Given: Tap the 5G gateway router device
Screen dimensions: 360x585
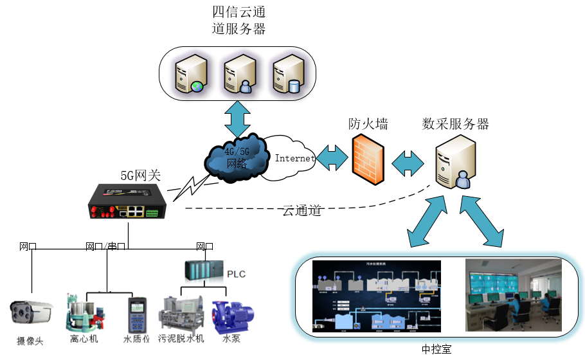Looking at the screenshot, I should [130, 203].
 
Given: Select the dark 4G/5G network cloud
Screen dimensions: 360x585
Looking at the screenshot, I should [236, 157].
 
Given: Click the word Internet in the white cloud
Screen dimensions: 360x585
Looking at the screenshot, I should [294, 158].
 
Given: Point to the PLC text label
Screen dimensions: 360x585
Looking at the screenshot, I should [236, 274].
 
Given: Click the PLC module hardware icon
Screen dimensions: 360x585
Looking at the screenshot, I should [204, 271].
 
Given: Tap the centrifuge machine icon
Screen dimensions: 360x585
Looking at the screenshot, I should [84, 312].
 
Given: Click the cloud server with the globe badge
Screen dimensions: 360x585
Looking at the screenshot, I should [192, 74].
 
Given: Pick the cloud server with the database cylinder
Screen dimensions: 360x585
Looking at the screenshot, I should [287, 74].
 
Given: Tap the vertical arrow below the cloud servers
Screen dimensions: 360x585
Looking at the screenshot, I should [238, 118].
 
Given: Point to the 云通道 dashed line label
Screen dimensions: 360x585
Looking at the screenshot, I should [301, 210].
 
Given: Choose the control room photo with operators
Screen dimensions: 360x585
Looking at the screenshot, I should [513, 295].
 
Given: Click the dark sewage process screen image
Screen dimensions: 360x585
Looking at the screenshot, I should [376, 295].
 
